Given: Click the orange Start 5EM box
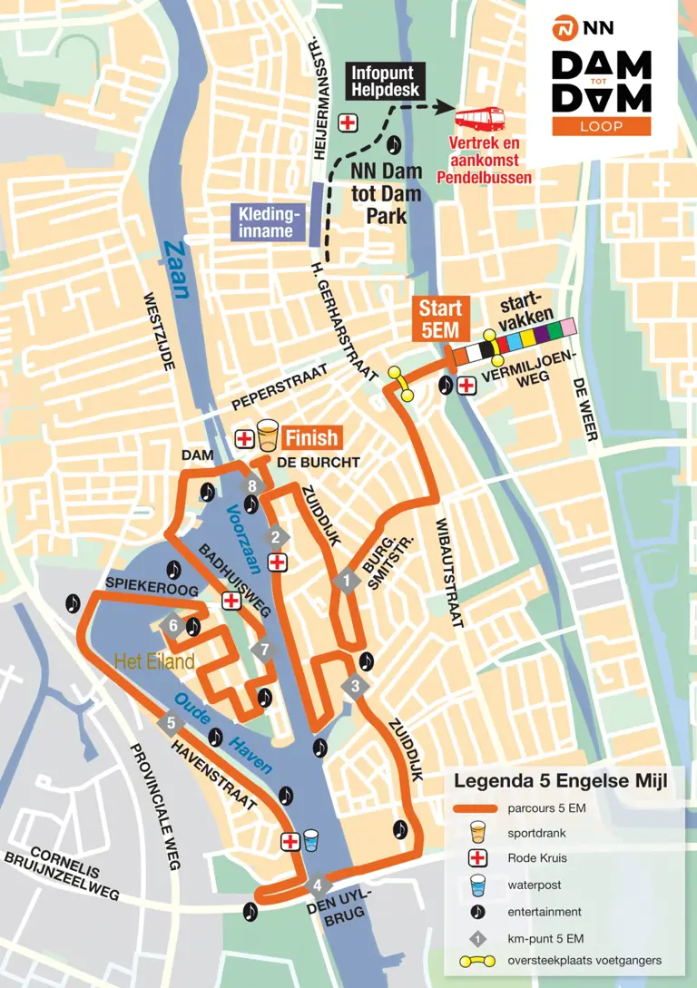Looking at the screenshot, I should pos(440,318).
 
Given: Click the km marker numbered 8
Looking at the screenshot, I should pos(252,486).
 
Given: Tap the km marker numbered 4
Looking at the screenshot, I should pos(318,885).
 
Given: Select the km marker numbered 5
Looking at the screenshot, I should pos(171,723).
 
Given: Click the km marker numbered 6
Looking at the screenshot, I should pos(173,625).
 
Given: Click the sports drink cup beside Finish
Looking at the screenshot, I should pos(267,436).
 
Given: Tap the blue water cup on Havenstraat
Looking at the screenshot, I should pos(311,841).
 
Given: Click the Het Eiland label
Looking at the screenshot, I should pos(154,662).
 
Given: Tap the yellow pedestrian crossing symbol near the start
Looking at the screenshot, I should pos(400,383).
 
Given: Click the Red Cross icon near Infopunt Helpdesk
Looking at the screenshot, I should pos(348,122).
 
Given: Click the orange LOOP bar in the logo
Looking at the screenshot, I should pos(601,126).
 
